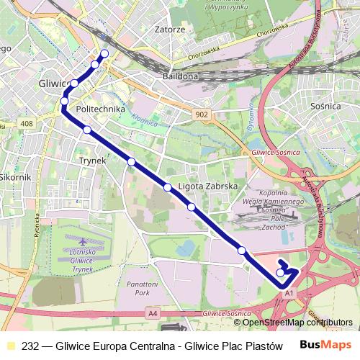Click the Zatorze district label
pyautogui.click(x=170, y=30)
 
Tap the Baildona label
pyautogui.click(x=180, y=75)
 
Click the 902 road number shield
pyautogui.click(x=202, y=114)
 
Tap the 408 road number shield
pyautogui.click(x=27, y=124)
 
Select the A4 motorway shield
pyautogui.click(x=152, y=313)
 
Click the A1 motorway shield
pyautogui.click(x=288, y=294)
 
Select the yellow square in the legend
pyautogui.click(x=10, y=345)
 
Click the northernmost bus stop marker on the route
pyautogui.click(x=104, y=53)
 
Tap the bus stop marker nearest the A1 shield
pyautogui.click(x=280, y=272)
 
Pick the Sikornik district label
pyautogui.click(x=14, y=176)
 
